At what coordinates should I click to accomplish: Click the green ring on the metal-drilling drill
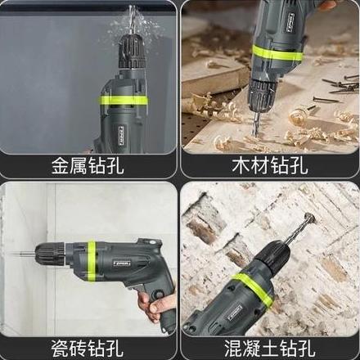pos(123,101)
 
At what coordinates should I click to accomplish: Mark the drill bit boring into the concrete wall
pos(305,223)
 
